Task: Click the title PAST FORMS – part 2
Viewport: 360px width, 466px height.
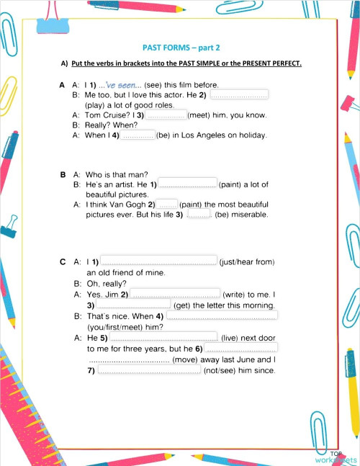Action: [181, 45]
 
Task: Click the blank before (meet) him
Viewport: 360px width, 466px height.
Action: [166, 115]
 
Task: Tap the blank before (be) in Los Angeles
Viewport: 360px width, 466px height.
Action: [137, 135]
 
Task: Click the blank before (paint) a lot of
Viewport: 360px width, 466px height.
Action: [186, 184]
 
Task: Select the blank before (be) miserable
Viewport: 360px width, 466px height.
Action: [198, 214]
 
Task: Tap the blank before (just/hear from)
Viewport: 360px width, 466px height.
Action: [158, 261]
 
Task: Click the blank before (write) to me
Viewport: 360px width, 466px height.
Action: [175, 294]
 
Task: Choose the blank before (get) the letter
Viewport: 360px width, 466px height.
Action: [134, 304]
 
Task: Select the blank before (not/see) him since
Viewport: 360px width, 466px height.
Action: [148, 370]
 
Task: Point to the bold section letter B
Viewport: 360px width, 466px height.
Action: [63, 174]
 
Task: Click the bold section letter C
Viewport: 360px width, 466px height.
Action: [63, 261]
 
